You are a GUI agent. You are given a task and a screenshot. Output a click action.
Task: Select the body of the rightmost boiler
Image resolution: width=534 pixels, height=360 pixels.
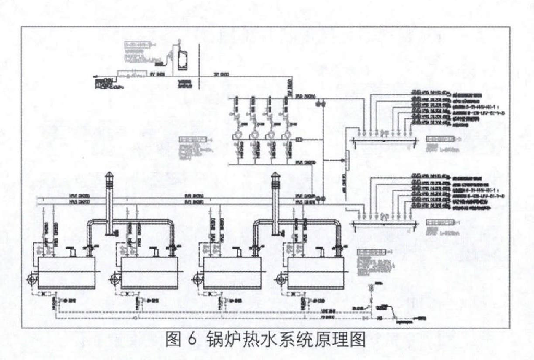coord(315,273)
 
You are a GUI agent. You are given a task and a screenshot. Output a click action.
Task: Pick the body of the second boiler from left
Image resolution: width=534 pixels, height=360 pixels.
coord(149,273)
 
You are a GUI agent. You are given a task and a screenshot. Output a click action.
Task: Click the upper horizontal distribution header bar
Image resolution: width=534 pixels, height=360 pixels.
coord(385,139)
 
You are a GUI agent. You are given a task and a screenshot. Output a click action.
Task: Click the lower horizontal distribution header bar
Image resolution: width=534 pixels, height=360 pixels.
coord(385,223)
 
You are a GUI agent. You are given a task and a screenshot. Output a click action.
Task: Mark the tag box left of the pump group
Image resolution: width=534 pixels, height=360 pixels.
coord(192,140)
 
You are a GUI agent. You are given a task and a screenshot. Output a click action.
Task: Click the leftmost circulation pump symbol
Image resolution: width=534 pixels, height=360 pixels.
coord(237,134)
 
